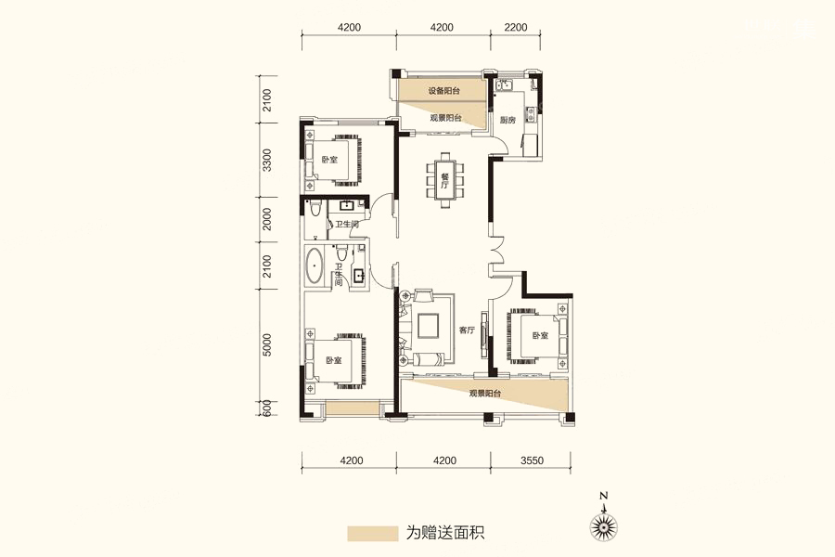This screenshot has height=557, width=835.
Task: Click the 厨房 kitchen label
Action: point(508,120)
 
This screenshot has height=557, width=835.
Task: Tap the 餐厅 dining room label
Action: point(445,181)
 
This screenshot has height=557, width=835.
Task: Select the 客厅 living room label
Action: point(467,330)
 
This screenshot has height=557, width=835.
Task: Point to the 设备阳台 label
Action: point(444,91)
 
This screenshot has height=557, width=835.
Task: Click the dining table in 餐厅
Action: point(445,182)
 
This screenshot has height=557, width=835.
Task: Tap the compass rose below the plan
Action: point(604,526)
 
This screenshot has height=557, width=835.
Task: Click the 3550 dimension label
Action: point(532,460)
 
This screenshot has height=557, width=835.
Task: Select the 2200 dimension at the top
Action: point(515,28)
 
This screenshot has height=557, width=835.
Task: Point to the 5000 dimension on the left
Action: point(267,344)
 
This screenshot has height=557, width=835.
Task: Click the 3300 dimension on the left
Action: point(267,160)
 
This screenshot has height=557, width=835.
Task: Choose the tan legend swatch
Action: point(373,534)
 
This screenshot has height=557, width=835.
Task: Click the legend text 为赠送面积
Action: point(445,533)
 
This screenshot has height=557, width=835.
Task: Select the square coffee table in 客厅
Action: point(428,326)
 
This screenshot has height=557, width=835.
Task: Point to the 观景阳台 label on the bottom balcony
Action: point(485,394)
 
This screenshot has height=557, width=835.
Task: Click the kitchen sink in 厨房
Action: point(503,84)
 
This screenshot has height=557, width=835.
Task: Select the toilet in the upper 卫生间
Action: point(315,208)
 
